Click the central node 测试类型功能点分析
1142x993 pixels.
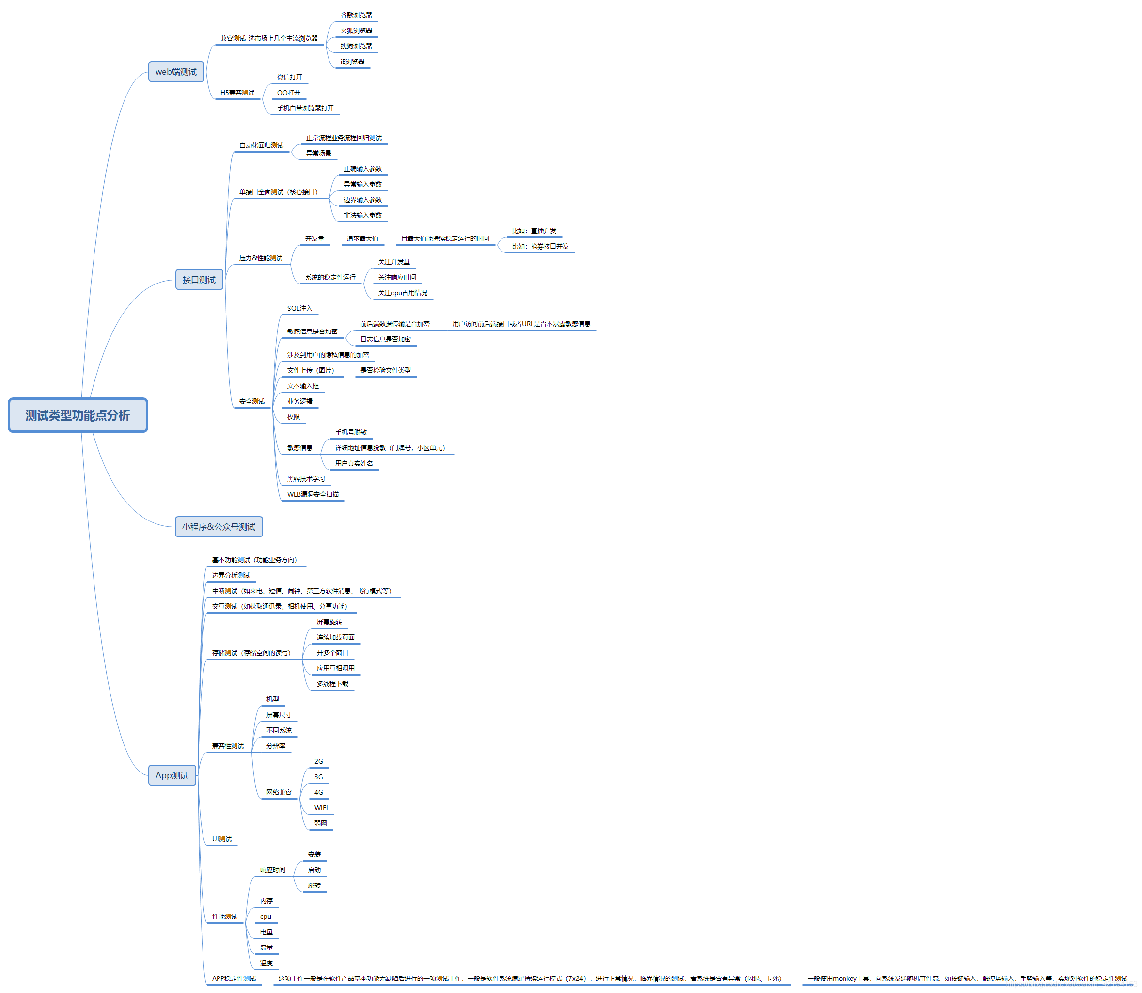pyautogui.click(x=78, y=415)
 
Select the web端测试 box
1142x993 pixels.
pyautogui.click(x=176, y=72)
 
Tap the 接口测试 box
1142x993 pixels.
pyautogui.click(x=199, y=279)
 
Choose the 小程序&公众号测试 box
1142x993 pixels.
pyautogui.click(x=219, y=526)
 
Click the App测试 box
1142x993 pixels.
pyautogui.click(x=172, y=775)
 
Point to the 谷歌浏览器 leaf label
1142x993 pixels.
pyautogui.click(x=356, y=15)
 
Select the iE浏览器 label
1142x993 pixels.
pyautogui.click(x=352, y=62)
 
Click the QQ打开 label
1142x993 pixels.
pyautogui.click(x=289, y=93)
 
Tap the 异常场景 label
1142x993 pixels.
pyautogui.click(x=319, y=153)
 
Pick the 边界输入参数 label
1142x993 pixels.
pyautogui.click(x=362, y=200)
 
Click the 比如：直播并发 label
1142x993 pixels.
pyautogui.click(x=533, y=231)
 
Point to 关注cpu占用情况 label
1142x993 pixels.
pyautogui.click(x=402, y=293)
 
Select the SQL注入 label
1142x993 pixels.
pyautogui.click(x=299, y=308)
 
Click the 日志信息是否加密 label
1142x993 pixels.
pyautogui.click(x=385, y=339)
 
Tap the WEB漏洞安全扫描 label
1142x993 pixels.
pyautogui.click(x=313, y=494)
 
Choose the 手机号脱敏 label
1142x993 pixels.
pyautogui.click(x=351, y=432)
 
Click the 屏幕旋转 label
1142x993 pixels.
pyautogui.click(x=329, y=622)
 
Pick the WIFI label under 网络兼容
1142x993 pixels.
pyautogui.click(x=321, y=808)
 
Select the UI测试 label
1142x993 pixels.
pyautogui.click(x=221, y=839)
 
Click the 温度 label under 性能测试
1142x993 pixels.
pyautogui.click(x=266, y=963)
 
